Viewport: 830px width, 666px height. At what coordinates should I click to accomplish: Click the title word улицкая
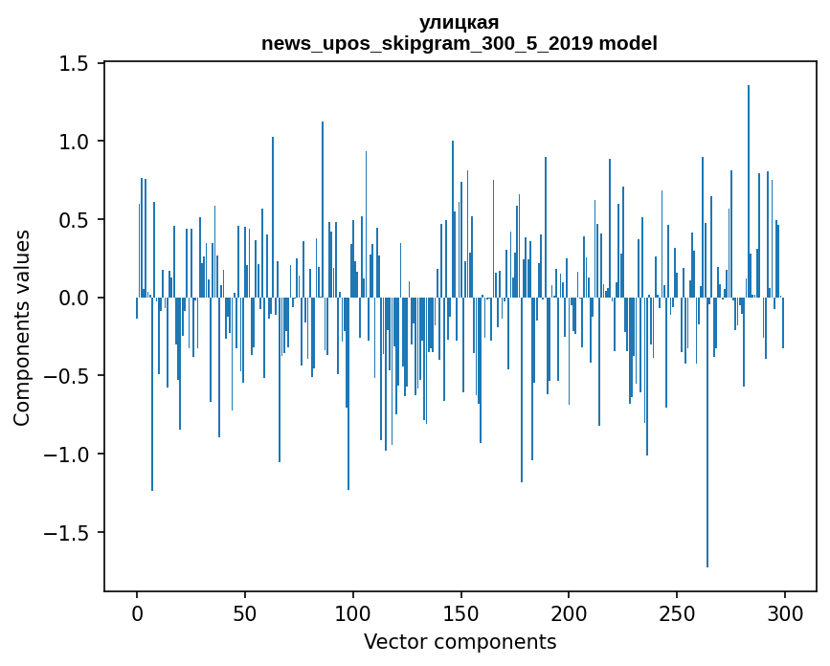(460, 23)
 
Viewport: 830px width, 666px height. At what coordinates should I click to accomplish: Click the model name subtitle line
(460, 43)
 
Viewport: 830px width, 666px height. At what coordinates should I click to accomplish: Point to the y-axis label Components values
(22, 327)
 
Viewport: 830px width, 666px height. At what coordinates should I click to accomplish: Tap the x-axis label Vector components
(460, 641)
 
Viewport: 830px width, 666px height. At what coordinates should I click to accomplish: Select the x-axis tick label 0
(137, 611)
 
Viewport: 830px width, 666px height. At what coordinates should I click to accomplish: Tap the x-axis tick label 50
(245, 611)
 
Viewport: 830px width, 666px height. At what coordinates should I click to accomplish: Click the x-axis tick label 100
(353, 611)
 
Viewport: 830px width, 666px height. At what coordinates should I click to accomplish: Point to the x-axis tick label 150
(460, 611)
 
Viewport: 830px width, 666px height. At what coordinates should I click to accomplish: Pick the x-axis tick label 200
(569, 611)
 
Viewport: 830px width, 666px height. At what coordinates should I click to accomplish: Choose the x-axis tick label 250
(677, 611)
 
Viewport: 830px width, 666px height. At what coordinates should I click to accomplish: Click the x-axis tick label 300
(785, 611)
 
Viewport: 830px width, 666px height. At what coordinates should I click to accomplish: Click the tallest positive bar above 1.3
(749, 191)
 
